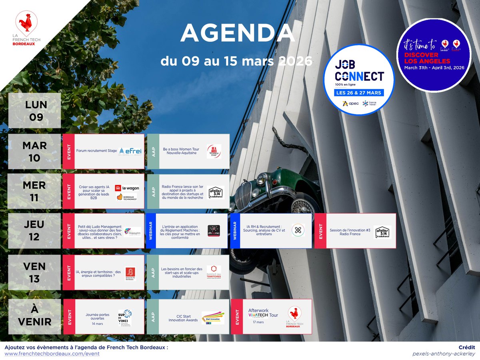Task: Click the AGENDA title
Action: coord(238,34)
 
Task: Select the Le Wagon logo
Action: coord(127,188)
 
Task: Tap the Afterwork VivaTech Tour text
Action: coord(263,312)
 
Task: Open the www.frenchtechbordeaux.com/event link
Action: coord(52,354)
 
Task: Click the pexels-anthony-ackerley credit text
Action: coord(444,354)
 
